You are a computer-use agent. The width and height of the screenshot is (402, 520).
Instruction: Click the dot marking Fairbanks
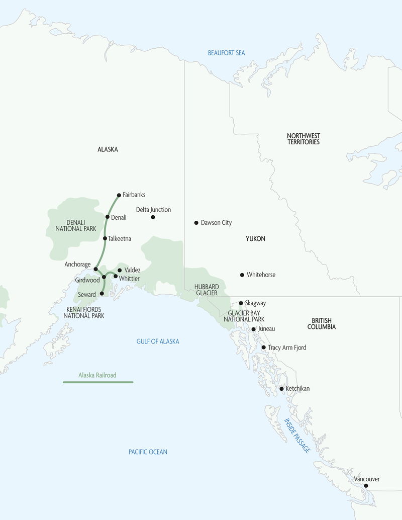click(119, 195)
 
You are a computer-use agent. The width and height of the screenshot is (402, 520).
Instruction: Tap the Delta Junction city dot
click(153, 217)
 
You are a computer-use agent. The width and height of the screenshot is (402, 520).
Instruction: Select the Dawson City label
click(216, 222)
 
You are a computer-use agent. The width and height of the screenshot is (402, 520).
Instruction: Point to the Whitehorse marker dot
click(242, 275)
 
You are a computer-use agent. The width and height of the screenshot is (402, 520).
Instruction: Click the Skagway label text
click(255, 303)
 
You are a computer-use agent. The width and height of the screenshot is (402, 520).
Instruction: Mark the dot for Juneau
click(253, 329)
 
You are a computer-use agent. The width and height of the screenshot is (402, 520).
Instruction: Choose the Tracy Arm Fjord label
click(287, 348)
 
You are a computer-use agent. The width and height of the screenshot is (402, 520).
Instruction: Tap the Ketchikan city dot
click(282, 389)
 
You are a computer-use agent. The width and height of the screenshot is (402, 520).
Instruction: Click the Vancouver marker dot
click(366, 486)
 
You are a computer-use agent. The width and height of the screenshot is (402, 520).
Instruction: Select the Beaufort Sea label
click(227, 53)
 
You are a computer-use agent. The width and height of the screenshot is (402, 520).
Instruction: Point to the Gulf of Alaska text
click(158, 341)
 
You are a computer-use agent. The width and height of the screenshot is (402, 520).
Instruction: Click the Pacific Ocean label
click(148, 452)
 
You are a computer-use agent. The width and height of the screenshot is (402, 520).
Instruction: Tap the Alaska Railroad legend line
click(98, 382)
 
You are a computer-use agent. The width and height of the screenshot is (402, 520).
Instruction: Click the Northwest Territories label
click(304, 139)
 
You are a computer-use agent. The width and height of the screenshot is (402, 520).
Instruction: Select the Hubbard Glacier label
click(206, 290)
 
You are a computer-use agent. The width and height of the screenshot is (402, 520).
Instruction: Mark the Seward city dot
click(102, 293)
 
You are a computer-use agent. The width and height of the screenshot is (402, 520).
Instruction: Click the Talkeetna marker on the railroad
click(105, 238)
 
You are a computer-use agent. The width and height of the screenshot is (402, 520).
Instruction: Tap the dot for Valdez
click(120, 270)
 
